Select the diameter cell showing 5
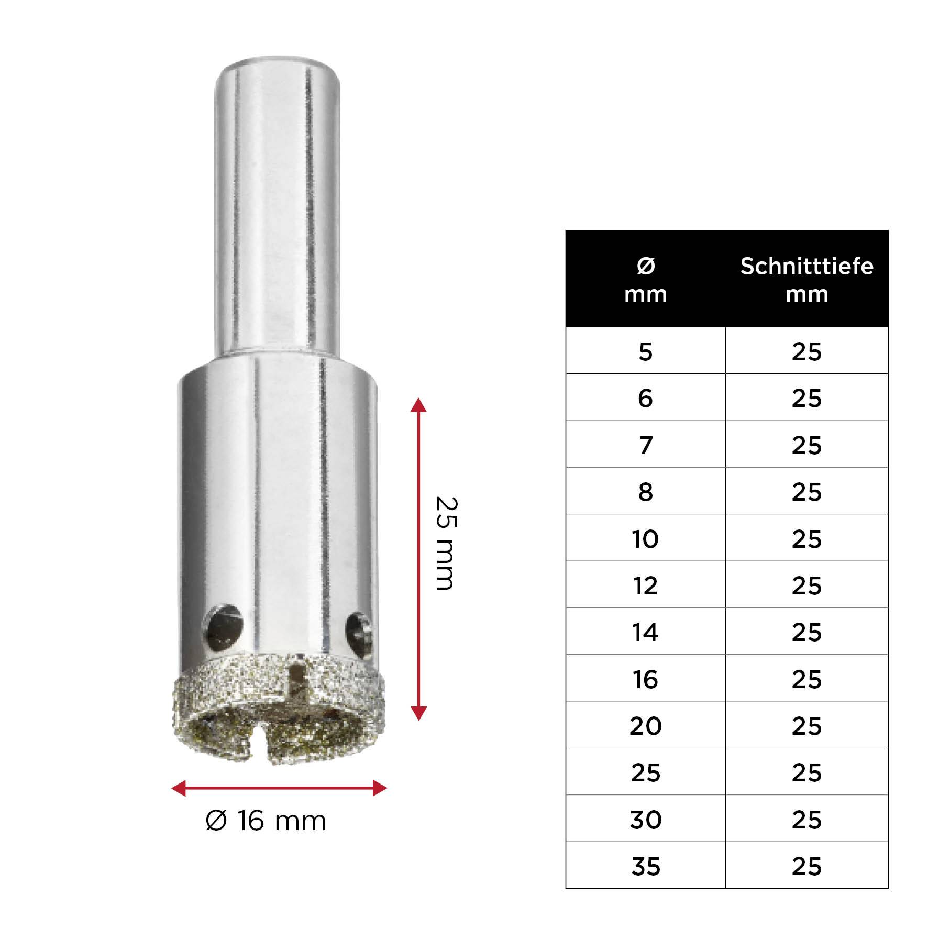(x=645, y=351)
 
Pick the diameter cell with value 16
(x=645, y=679)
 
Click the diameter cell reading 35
(x=645, y=866)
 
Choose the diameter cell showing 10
(x=645, y=538)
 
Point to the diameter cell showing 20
(x=645, y=725)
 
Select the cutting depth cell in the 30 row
(x=807, y=819)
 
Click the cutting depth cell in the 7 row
(x=807, y=445)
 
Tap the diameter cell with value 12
(x=645, y=585)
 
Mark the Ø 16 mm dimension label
(x=266, y=820)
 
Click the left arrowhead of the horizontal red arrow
(x=179, y=787)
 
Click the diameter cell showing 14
(x=645, y=632)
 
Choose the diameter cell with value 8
(x=645, y=491)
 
